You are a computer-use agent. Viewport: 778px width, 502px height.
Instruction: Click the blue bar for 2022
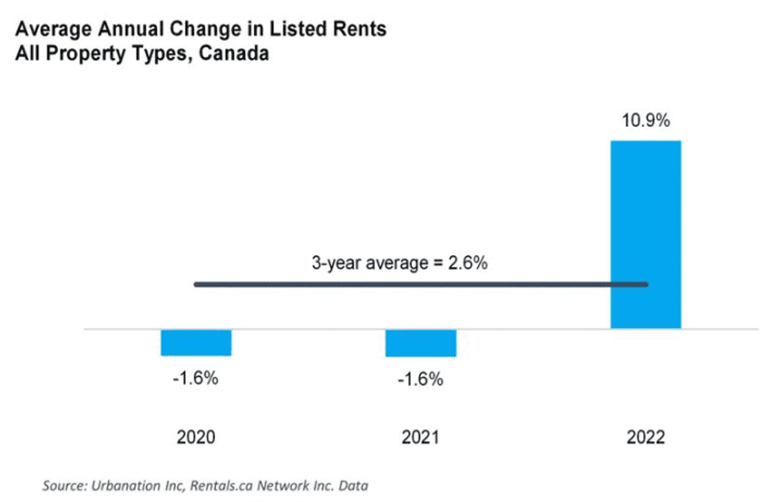pos(645,234)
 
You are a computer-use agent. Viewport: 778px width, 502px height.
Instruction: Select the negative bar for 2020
pos(195,342)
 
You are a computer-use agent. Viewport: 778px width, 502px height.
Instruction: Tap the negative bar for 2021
pos(420,342)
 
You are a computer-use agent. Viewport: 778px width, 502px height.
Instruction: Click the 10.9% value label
pos(645,122)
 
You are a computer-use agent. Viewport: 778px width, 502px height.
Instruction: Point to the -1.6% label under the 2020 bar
pos(195,378)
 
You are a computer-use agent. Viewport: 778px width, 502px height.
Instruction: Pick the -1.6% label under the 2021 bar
pos(420,378)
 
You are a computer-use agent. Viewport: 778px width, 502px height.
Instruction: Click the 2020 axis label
pos(195,438)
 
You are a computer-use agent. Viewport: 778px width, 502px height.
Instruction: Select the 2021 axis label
pos(420,438)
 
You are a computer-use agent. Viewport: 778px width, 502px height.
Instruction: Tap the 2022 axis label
pos(645,438)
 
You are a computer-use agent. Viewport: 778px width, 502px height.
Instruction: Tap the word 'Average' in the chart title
pos(49,30)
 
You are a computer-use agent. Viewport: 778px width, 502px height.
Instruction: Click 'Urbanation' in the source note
pos(123,485)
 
